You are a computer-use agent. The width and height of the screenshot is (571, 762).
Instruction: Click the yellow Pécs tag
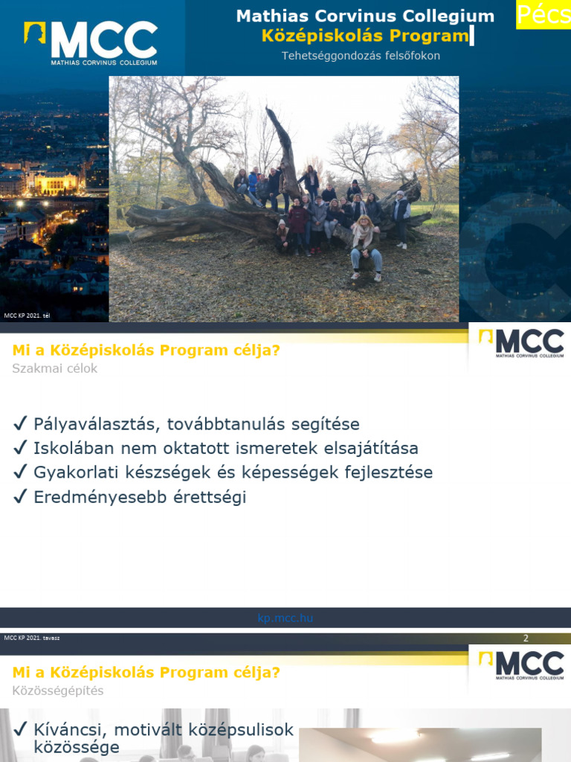543,14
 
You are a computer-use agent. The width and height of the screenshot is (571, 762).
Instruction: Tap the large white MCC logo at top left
91,43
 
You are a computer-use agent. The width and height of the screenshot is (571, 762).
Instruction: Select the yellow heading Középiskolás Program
365,36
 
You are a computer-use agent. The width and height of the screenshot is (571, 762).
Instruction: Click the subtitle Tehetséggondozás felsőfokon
361,56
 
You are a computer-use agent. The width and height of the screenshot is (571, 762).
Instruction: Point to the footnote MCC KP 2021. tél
22,316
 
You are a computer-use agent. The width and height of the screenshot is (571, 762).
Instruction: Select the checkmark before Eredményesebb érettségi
20,497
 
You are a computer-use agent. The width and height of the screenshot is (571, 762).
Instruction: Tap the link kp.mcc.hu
285,618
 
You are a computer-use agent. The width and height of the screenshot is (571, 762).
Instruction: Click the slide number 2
526,638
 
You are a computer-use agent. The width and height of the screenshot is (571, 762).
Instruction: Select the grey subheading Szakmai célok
55,368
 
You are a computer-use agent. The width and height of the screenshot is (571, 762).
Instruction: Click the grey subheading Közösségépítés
58,691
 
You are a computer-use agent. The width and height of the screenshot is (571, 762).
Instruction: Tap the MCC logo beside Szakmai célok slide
520,344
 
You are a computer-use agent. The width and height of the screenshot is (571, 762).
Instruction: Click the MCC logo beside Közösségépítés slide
520,665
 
